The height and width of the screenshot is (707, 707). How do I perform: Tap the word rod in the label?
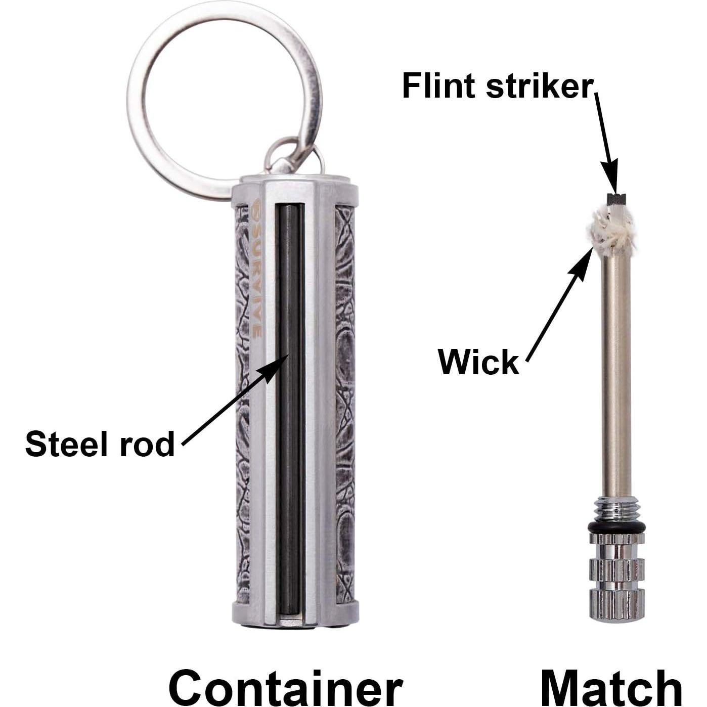pos(150,445)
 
